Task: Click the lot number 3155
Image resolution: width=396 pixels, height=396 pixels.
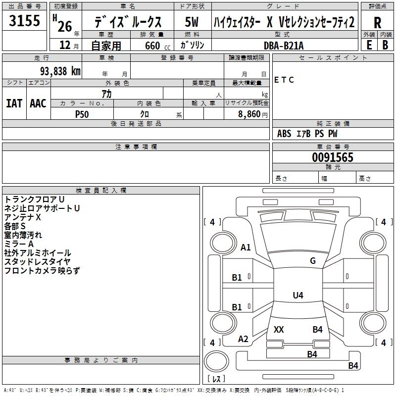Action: (x=24, y=20)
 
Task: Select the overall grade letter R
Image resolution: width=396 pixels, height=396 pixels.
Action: (x=377, y=23)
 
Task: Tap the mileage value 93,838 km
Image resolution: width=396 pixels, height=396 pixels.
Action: (x=60, y=71)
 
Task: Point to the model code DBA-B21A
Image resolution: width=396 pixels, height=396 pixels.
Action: (x=284, y=46)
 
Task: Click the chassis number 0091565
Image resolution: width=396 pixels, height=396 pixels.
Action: (x=333, y=157)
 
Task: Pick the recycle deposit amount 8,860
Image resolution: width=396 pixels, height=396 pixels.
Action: (x=249, y=114)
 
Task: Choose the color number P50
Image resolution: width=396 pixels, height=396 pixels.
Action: (x=82, y=114)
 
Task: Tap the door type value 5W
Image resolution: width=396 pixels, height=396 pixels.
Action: (x=192, y=22)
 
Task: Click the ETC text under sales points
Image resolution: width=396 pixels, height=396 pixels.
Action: (x=284, y=80)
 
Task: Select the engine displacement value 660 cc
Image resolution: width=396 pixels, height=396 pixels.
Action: (x=157, y=46)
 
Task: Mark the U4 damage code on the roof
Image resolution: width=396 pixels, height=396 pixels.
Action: (x=298, y=295)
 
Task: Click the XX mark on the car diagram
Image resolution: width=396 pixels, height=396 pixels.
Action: (x=279, y=329)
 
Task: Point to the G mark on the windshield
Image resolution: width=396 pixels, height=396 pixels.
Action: (x=313, y=261)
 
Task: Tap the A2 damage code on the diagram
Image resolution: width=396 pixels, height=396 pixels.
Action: (x=243, y=339)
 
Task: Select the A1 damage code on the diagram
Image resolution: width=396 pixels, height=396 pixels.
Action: (x=246, y=247)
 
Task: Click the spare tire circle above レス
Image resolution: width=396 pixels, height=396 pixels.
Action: (x=216, y=361)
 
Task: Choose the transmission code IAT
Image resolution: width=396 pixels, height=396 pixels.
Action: (x=14, y=103)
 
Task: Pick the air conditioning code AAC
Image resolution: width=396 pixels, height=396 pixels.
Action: (x=38, y=103)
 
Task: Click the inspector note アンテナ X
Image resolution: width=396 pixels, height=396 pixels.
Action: (x=22, y=217)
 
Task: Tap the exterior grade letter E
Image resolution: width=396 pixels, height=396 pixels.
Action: (x=369, y=45)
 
